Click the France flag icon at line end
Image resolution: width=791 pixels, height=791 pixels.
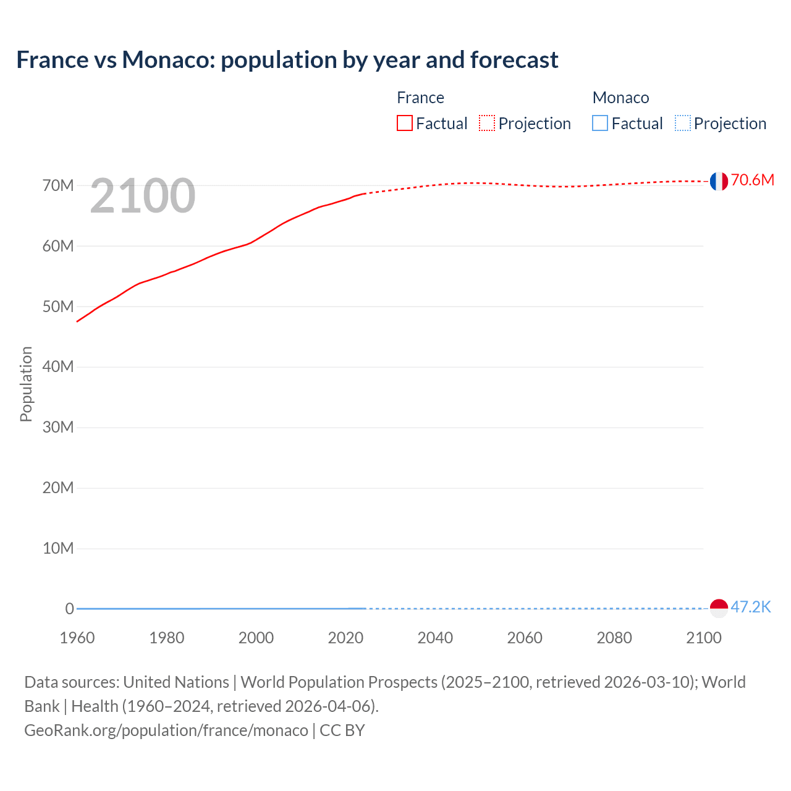718,181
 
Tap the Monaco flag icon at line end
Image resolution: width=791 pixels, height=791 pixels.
718,608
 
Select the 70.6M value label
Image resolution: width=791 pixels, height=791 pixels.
752,180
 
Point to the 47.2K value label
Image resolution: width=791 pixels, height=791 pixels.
751,607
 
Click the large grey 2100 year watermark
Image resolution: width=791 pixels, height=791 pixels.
143,196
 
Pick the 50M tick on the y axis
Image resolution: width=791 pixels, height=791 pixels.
58,307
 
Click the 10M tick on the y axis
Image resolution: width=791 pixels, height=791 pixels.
58,548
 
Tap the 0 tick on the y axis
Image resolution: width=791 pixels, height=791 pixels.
69,609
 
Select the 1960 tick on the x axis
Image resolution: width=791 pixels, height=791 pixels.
77,638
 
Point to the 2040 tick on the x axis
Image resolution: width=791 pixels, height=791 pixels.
435,638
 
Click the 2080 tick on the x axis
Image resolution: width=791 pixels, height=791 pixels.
614,638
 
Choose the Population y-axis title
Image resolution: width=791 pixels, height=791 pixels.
26,384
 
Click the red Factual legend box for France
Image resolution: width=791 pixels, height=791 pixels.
405,124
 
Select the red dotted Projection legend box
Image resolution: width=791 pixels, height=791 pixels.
487,124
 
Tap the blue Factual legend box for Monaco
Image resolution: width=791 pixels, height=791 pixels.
600,124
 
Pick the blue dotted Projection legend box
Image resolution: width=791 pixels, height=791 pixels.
683,124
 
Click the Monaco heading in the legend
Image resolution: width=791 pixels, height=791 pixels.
620,98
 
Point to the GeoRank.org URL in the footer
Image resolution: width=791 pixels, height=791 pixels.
166,730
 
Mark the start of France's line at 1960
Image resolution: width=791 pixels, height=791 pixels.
77,321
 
